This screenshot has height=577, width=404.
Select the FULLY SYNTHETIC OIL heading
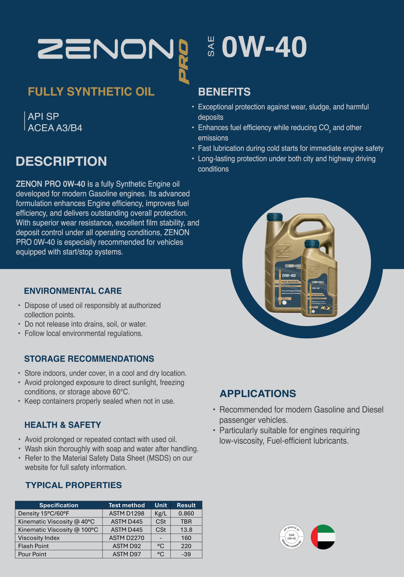tap(91, 92)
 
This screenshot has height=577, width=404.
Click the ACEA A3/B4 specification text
tap(55, 128)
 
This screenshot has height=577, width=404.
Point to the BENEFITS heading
tap(224, 92)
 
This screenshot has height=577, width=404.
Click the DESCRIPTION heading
tap(61, 161)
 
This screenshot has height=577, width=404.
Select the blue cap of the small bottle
tap(312, 243)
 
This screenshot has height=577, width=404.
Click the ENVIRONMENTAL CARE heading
tap(73, 291)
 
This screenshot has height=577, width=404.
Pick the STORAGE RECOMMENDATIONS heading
tap(89, 359)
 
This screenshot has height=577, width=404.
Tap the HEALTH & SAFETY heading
tap(63, 425)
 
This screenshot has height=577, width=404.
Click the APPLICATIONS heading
tap(258, 394)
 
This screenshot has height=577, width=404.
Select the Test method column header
tap(126, 505)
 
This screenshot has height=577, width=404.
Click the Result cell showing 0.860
tap(186, 513)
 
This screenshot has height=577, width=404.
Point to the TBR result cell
tap(186, 522)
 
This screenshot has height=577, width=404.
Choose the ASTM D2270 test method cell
tap(126, 538)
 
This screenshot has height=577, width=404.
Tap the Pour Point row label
tap(32, 554)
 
